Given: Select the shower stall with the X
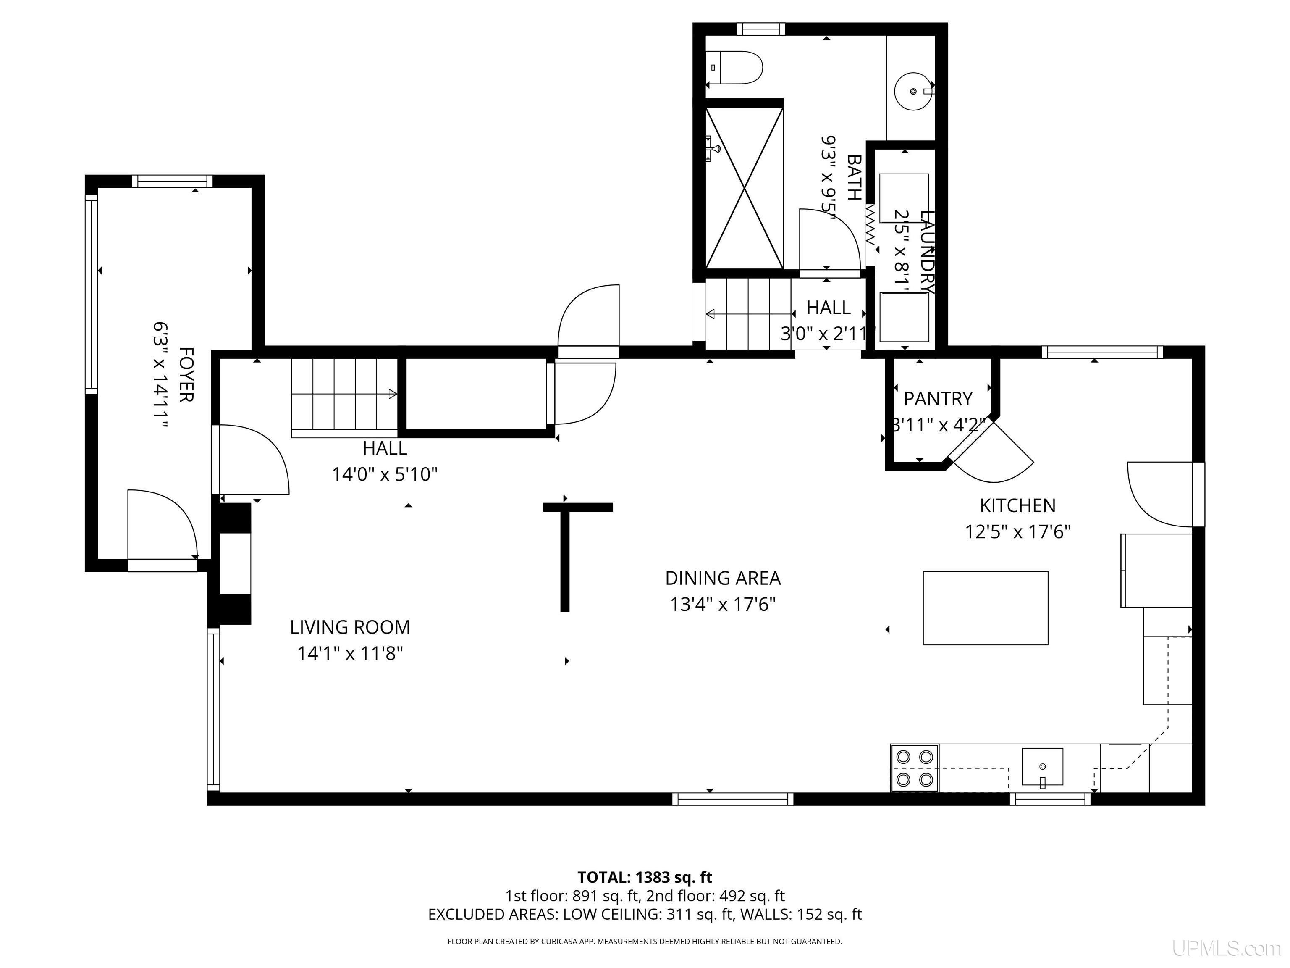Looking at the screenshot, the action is (744, 188).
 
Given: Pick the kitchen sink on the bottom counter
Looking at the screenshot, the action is (1042, 767).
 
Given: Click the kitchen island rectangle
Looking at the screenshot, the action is (986, 608).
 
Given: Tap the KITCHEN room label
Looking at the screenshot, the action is (1017, 505).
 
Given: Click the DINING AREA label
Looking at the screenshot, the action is (723, 578).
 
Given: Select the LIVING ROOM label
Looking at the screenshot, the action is (350, 627).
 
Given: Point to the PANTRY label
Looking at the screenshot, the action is (938, 399).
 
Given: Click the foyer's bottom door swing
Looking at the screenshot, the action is (163, 524).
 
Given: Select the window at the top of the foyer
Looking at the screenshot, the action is (173, 181).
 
